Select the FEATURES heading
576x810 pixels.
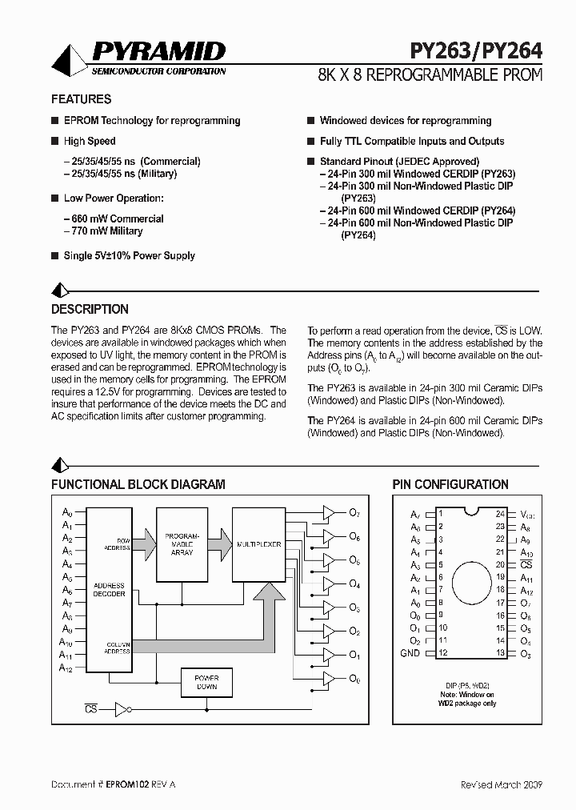click(81, 99)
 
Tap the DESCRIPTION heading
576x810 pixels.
click(90, 309)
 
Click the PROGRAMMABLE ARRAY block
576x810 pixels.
click(182, 543)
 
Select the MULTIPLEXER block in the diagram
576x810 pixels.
click(258, 544)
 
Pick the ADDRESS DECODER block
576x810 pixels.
click(109, 590)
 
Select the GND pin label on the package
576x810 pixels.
click(410, 653)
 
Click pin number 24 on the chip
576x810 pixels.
click(500, 514)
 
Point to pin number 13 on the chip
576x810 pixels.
click(500, 653)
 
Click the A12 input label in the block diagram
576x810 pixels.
click(67, 668)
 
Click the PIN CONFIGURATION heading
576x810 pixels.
click(450, 484)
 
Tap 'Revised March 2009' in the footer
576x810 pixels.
click(501, 784)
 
